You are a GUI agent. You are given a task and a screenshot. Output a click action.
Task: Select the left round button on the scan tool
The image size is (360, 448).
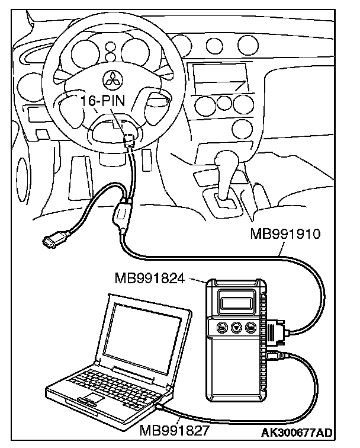pos(222,327)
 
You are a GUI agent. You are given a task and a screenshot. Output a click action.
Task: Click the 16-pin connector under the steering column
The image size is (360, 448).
pos(130,140)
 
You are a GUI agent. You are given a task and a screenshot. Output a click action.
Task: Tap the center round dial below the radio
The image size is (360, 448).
pos(224,103)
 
